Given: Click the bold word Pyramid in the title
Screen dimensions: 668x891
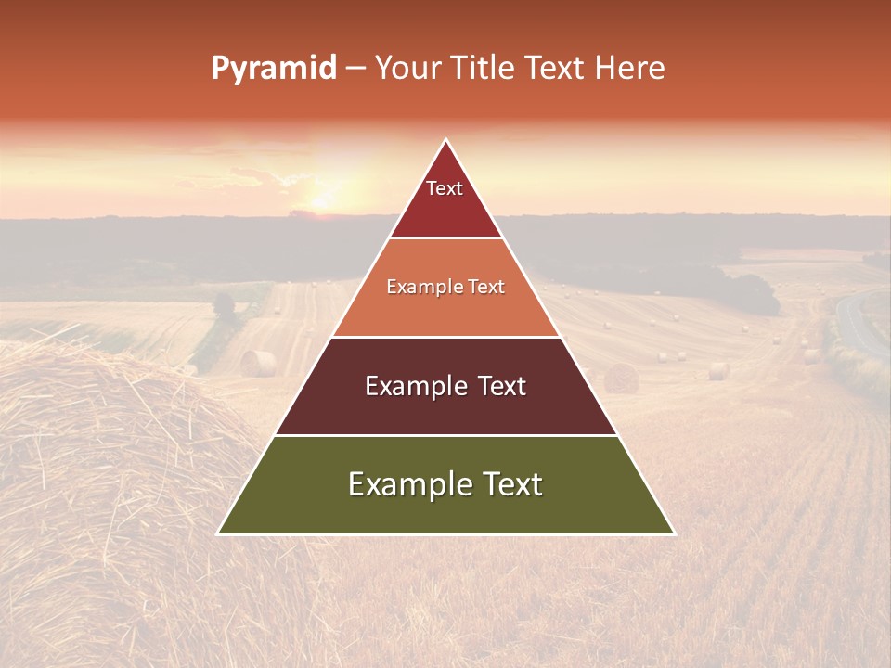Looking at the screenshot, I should coord(274,68).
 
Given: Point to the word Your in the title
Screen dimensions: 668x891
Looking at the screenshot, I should coord(408,68).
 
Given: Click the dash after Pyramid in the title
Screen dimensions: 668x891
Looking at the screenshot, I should coord(355,69).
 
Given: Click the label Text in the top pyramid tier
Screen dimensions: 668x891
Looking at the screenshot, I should coord(445,188).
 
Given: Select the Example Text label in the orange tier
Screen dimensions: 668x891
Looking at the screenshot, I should coord(445,287).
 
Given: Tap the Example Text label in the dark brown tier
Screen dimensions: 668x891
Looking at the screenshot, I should coord(445,386).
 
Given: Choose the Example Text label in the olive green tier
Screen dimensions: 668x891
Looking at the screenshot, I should coord(445,484).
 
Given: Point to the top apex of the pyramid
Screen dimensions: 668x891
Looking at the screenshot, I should coord(446,140).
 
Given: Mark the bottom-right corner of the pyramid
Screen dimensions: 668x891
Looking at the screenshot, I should coord(674,533).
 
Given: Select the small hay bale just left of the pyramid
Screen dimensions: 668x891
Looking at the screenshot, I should coord(259,363).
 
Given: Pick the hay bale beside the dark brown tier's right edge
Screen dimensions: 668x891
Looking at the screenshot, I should coord(622,378).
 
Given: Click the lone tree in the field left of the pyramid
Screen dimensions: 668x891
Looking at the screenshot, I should coord(224,305).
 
